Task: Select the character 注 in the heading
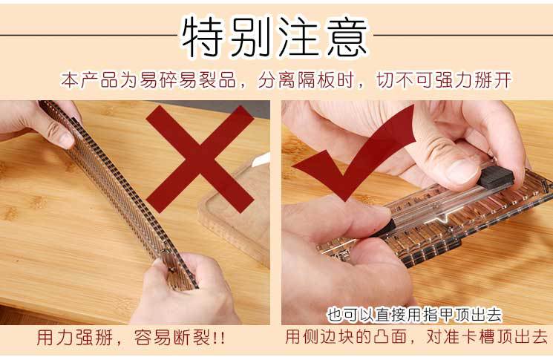(299, 34)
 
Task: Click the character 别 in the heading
(251, 34)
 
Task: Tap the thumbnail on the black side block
(460, 171)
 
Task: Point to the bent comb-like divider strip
(111, 186)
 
